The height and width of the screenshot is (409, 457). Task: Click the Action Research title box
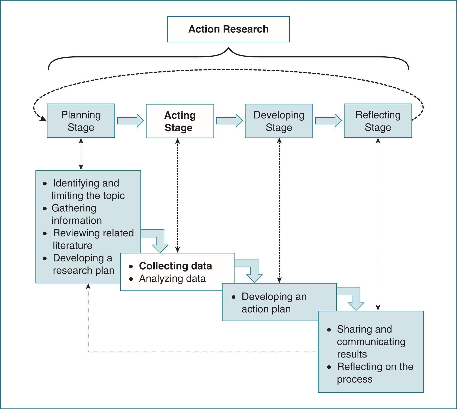pos(228,29)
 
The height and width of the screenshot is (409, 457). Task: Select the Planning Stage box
pos(81,121)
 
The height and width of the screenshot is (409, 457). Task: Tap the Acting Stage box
pos(180,121)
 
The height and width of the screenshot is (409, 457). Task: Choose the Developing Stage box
pos(279,121)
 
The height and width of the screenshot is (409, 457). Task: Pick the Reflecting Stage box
pos(378,121)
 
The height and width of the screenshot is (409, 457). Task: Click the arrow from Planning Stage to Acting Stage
pos(130,121)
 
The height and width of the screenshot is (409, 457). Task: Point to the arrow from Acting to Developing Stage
pos(229,121)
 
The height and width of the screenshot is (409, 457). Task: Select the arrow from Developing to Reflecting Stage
pos(328,121)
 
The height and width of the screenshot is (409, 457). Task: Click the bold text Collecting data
pos(175,266)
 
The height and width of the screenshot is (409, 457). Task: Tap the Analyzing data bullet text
pos(172,279)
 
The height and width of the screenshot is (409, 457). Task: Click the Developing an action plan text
pos(274,303)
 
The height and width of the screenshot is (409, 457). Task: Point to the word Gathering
pos(74,208)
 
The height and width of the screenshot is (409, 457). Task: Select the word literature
pos(72,245)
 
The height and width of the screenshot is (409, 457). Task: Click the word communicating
pos(371,342)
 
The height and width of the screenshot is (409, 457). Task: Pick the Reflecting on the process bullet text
pos(375,373)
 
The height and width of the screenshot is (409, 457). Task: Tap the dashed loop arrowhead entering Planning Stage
pos(44,119)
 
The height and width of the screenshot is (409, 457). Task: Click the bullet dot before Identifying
pos(45,184)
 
